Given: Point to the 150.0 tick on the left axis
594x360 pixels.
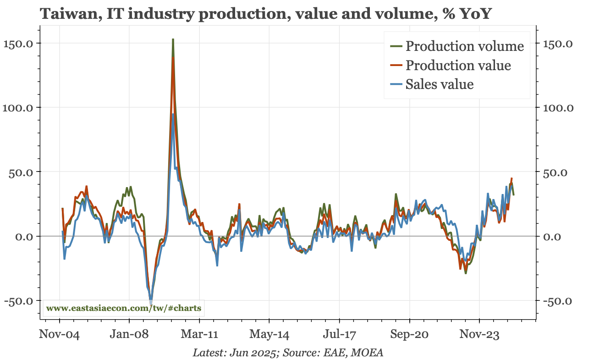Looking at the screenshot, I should (x=18, y=44).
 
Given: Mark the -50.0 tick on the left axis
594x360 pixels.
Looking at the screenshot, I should (x=18, y=301).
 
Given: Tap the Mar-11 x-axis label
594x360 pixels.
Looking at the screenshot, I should (x=199, y=334).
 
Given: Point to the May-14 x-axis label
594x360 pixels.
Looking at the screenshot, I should (x=269, y=334).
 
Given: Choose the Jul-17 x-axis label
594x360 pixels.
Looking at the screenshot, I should (x=339, y=334).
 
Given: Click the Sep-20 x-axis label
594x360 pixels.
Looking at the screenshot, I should (x=409, y=334).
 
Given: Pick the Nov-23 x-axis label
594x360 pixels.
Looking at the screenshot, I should (x=479, y=334).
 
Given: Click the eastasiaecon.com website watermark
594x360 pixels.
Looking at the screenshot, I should (x=124, y=308).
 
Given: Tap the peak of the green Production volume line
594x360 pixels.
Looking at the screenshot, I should (x=173, y=40).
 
